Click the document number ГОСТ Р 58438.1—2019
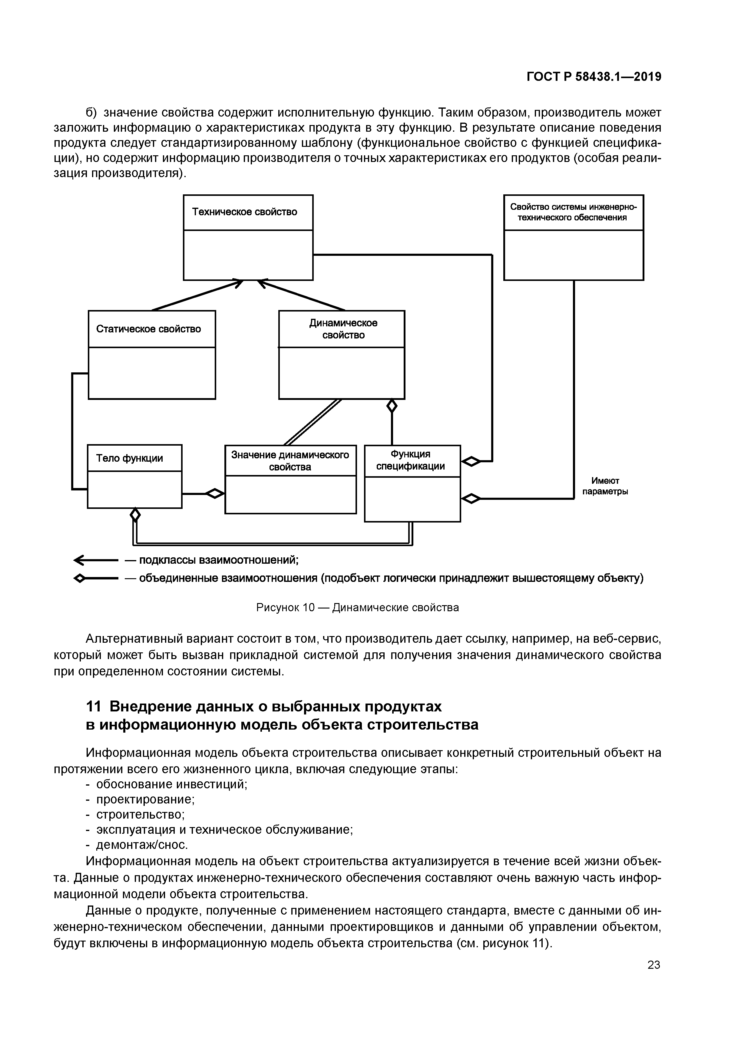[594, 77]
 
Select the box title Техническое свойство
[244, 212]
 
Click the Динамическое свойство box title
[343, 329]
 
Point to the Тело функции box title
[130, 458]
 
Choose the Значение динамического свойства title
[290, 461]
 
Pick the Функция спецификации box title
[410, 460]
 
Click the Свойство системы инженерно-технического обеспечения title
[573, 212]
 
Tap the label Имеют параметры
[605, 486]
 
